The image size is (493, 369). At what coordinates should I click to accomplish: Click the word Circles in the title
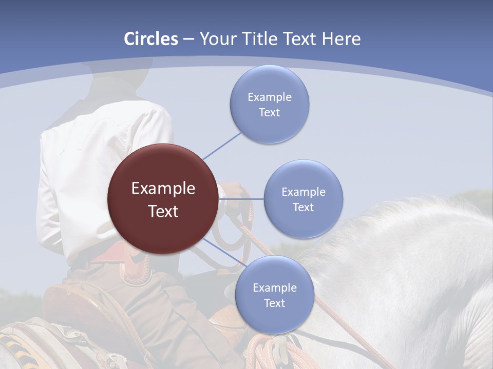click(151, 39)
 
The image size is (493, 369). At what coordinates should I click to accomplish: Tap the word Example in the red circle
click(163, 189)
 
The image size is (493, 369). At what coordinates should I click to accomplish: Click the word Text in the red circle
click(163, 211)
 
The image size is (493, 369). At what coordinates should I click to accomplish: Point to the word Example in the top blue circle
click(269, 97)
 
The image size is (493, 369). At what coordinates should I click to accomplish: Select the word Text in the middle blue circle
click(303, 207)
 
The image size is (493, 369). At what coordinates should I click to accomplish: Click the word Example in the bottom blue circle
click(274, 288)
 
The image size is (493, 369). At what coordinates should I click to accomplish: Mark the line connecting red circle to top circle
click(222, 146)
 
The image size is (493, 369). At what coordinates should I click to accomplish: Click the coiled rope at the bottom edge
click(262, 354)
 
